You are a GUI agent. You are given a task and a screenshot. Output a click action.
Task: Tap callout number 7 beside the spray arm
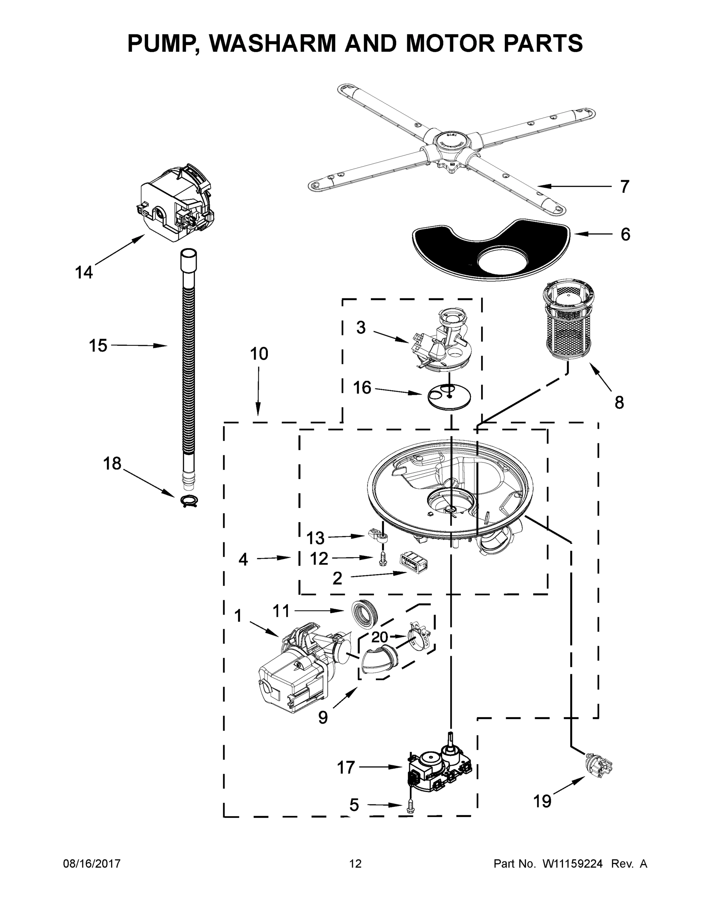point(625,187)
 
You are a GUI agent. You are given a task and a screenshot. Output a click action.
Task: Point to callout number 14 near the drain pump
point(84,272)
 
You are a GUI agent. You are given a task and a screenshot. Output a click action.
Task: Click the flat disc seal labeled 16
point(449,396)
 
